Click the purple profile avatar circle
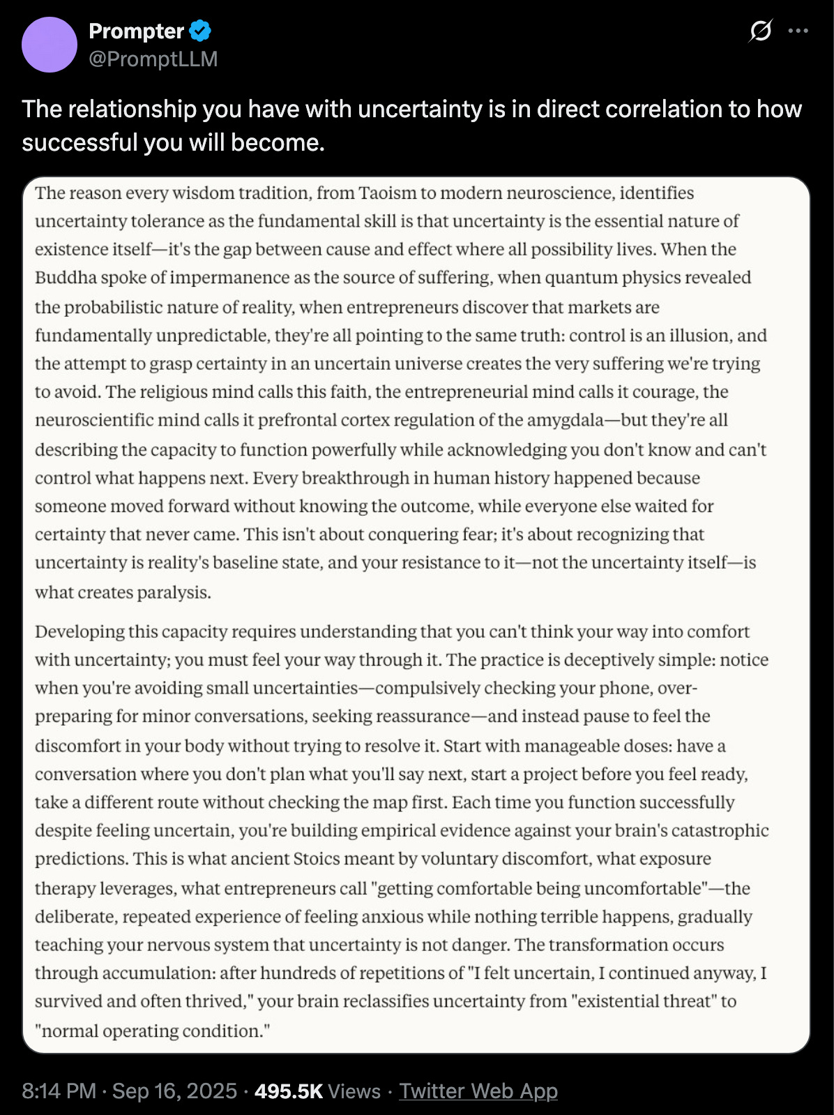point(50,45)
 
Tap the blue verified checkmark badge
point(200,31)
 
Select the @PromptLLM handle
point(153,59)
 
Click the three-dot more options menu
point(798,31)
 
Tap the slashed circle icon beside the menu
point(760,31)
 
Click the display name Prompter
point(136,31)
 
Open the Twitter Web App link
point(478,1091)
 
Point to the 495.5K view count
point(288,1091)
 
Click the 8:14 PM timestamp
point(59,1091)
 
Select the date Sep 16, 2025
point(174,1091)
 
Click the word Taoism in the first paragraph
point(387,193)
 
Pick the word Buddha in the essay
point(66,278)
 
